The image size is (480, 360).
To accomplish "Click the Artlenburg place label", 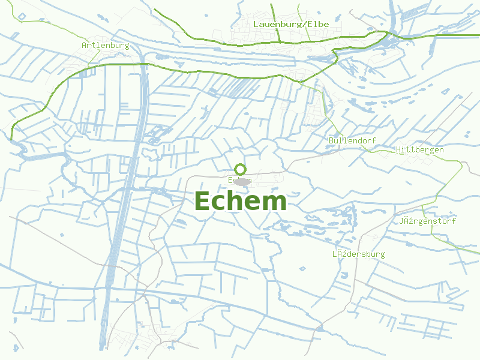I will point(106,46).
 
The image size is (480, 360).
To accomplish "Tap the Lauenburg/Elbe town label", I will point(291,24).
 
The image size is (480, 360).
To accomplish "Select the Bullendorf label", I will point(352,140).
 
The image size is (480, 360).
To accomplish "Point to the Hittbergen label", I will point(420,149).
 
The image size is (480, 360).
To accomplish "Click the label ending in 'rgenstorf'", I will point(427,221).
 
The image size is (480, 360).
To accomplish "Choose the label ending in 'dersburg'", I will point(359,254).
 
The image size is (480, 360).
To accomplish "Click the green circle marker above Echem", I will point(241,169).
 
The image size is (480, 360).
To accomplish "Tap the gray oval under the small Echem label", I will point(242,181).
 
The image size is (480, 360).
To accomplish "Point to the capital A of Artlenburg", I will point(84,46).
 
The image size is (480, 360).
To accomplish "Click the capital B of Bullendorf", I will point(331,140).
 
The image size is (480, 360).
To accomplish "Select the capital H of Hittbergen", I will point(398,149).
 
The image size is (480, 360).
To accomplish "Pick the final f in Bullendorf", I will point(374,140).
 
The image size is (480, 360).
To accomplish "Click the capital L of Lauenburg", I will point(256,24).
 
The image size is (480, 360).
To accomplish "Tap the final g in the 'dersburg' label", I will point(382,254).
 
